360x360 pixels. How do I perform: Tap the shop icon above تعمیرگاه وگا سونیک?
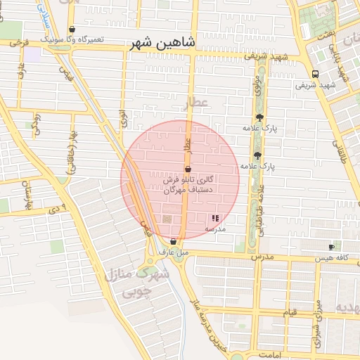[x=72, y=30]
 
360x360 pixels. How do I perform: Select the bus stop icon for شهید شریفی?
[x=316, y=74]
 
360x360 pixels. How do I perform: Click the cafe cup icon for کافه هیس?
[x=331, y=247]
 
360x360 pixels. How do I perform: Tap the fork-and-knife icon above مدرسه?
[x=215, y=219]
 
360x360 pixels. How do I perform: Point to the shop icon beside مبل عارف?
[x=173, y=241]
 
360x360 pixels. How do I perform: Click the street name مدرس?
[x=262, y=257]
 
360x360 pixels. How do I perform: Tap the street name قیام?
[x=290, y=311]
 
